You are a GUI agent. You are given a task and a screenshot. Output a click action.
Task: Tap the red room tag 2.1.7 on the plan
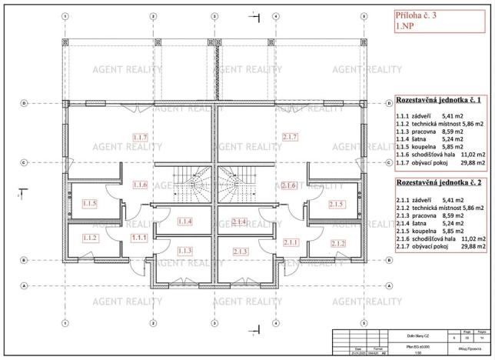coord(290,137)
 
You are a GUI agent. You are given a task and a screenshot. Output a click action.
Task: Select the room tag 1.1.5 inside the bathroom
coord(88,204)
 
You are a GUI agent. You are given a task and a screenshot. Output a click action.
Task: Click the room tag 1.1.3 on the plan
coord(184,251)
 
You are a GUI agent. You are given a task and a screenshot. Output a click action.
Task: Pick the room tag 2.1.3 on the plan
coord(241,251)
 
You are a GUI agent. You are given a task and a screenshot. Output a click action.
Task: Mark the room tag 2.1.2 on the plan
coord(337,243)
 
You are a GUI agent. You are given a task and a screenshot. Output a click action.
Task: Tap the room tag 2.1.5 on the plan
coord(335,204)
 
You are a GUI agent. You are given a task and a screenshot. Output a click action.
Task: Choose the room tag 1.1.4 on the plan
coord(185,222)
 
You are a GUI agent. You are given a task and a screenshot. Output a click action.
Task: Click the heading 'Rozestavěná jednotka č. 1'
coord(439,100)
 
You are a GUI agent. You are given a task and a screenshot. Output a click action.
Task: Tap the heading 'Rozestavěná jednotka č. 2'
coord(439,185)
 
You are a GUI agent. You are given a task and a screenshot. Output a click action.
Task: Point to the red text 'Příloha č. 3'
coord(437,14)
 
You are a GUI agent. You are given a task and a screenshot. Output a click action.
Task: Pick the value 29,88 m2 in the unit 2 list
coord(470,248)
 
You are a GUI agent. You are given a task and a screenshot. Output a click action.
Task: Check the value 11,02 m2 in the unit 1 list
coord(470,154)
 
